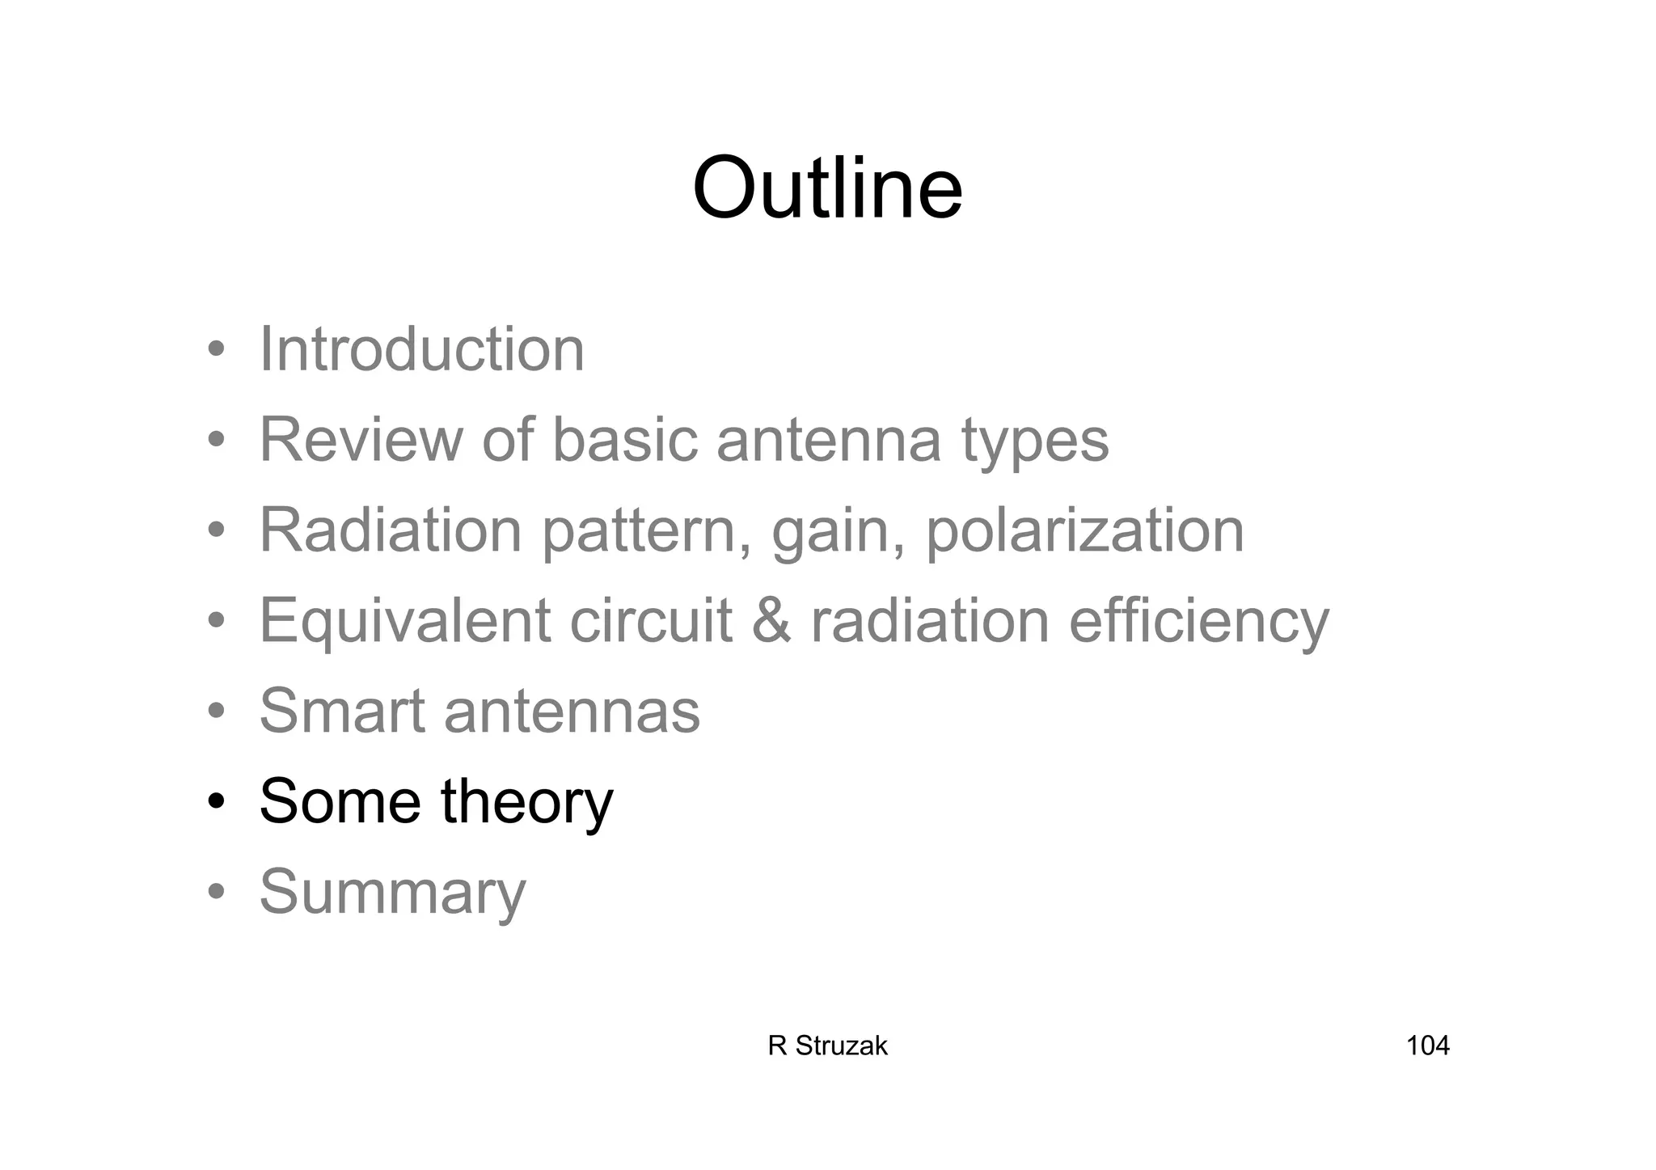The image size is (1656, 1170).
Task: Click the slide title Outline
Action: pyautogui.click(x=827, y=188)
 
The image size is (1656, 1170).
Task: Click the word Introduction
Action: pyautogui.click(x=421, y=349)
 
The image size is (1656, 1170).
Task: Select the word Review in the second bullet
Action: pyautogui.click(x=361, y=440)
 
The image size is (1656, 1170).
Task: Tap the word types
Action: pyautogui.click(x=1035, y=443)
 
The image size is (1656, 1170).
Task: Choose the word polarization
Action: pyautogui.click(x=1084, y=532)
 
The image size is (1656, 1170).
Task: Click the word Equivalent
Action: pyautogui.click(x=404, y=622)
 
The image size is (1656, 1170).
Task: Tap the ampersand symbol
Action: pyautogui.click(x=771, y=621)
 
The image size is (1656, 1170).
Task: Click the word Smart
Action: pyautogui.click(x=342, y=712)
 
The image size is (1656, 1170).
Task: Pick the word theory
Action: pyautogui.click(x=526, y=803)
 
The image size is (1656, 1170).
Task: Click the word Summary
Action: pyautogui.click(x=392, y=893)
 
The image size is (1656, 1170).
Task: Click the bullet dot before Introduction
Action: pyautogui.click(x=216, y=351)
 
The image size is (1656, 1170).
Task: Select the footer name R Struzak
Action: pyautogui.click(x=827, y=1045)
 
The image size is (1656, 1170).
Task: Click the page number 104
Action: pyautogui.click(x=1427, y=1045)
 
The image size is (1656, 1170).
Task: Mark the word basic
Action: pyautogui.click(x=624, y=440)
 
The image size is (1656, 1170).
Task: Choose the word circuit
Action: pyautogui.click(x=651, y=621)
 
